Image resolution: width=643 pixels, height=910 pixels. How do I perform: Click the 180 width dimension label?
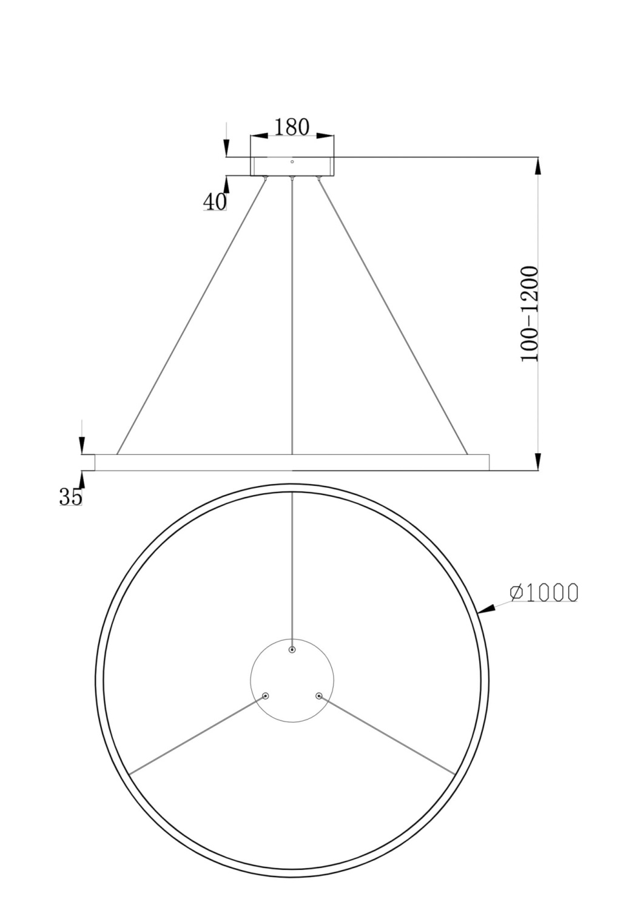tap(292, 127)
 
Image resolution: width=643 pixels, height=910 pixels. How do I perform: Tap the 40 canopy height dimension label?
tap(214, 201)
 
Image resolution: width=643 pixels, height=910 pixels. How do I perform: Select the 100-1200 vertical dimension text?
tap(530, 314)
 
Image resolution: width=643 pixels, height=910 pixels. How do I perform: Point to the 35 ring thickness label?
tap(70, 497)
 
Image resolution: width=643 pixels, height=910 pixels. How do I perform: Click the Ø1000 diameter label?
tap(544, 592)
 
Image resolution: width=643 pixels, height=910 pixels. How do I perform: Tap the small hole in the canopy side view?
tap(292, 162)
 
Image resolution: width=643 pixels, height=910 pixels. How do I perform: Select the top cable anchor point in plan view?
tap(292, 650)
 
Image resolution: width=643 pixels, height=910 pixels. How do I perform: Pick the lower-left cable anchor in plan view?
tap(265, 696)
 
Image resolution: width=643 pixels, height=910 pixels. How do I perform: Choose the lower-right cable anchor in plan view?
tap(319, 696)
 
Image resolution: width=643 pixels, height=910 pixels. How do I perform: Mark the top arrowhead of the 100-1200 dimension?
tap(537, 166)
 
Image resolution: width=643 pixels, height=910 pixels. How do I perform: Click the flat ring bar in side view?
tap(292, 462)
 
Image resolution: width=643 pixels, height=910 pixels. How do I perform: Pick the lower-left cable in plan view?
tap(197, 734)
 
